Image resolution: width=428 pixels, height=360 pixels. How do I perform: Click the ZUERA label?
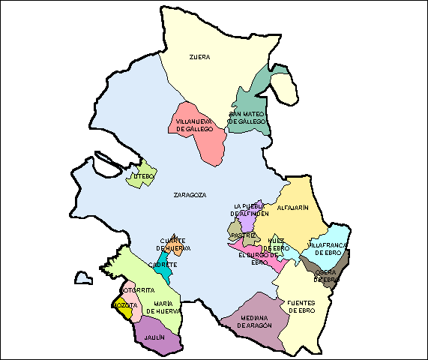[199, 56]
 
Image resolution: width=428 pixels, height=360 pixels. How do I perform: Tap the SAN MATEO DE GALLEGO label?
[247, 117]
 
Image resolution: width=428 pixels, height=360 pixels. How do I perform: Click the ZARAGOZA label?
[190, 195]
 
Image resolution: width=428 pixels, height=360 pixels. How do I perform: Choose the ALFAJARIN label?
[293, 208]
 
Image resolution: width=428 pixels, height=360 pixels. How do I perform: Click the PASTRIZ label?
[244, 235]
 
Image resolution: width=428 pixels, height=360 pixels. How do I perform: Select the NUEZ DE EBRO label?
[278, 244]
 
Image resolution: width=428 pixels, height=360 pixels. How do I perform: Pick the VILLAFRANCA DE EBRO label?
[327, 248]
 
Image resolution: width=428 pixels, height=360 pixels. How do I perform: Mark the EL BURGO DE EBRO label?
[258, 258]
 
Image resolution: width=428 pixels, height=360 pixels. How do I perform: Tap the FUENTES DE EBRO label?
[301, 306]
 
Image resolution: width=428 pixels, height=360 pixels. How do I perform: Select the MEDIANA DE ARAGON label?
[254, 321]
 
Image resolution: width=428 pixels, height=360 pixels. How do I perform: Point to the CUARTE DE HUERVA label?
[173, 244]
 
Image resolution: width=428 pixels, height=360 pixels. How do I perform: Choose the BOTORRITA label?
[137, 289]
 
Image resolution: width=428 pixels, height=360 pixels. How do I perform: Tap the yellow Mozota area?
[121, 307]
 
